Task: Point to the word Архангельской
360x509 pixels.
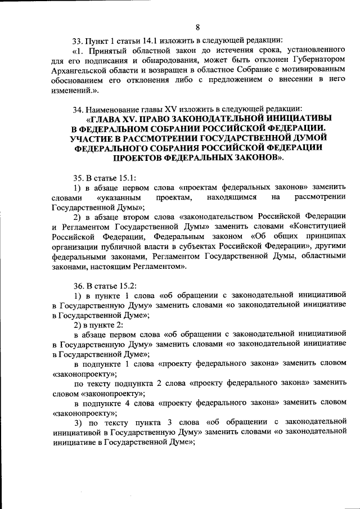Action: pyautogui.click(x=81, y=70)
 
